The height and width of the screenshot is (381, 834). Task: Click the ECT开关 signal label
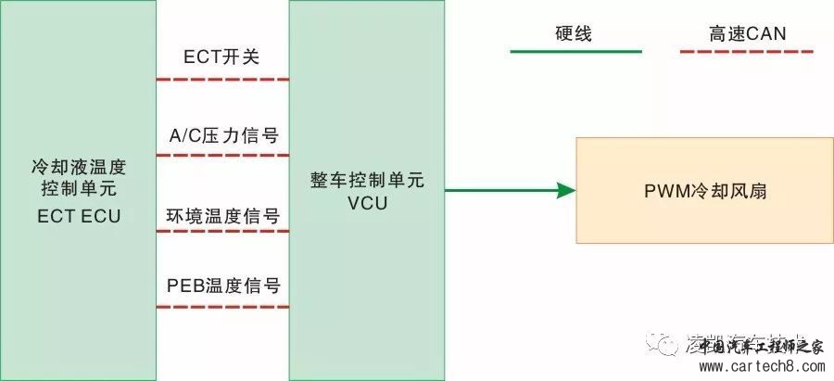[x=221, y=57]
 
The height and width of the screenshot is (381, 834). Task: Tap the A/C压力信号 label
[x=222, y=135]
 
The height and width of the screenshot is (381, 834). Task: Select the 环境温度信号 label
[x=222, y=216]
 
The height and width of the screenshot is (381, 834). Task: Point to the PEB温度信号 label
[x=222, y=285]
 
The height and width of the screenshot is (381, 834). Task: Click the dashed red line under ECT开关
[x=222, y=79]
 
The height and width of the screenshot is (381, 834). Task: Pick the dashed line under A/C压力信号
[x=222, y=155]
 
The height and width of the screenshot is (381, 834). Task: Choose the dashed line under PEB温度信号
[x=222, y=307]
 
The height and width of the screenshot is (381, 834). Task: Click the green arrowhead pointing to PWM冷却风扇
[x=566, y=191]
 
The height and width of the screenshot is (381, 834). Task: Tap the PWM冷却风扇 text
[x=704, y=192]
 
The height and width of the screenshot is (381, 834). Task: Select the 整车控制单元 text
[x=367, y=181]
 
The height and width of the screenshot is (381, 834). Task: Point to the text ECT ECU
[x=79, y=216]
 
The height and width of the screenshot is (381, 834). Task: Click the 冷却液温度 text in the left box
[x=79, y=169]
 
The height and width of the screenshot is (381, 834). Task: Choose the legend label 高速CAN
[x=746, y=35]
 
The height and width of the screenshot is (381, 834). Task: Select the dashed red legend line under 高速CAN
[x=746, y=52]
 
